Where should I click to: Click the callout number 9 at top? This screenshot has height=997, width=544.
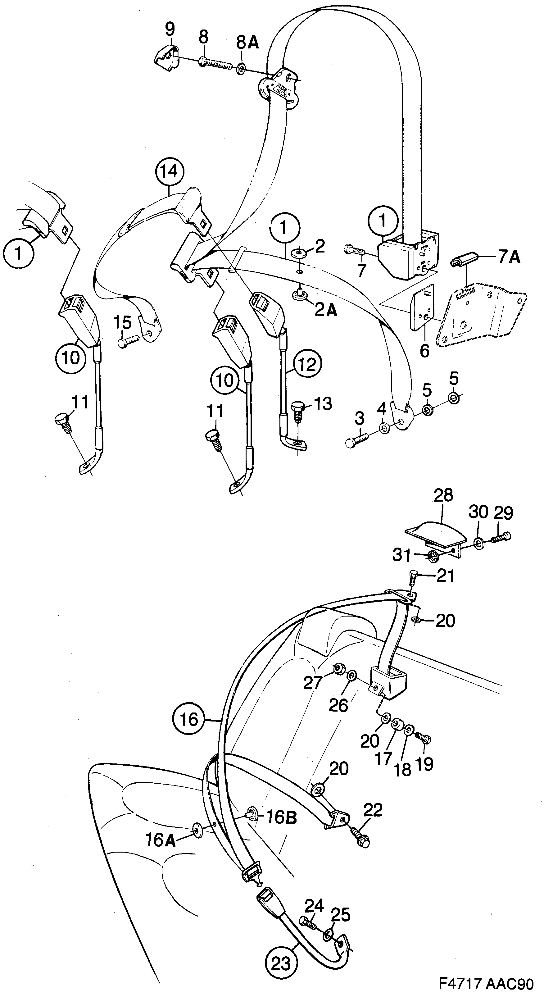[170, 29]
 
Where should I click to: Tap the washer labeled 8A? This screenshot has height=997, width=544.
[241, 69]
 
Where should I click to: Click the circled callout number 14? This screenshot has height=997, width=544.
[169, 171]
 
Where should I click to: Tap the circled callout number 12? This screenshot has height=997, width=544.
[307, 364]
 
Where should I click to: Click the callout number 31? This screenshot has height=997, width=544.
[401, 555]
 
